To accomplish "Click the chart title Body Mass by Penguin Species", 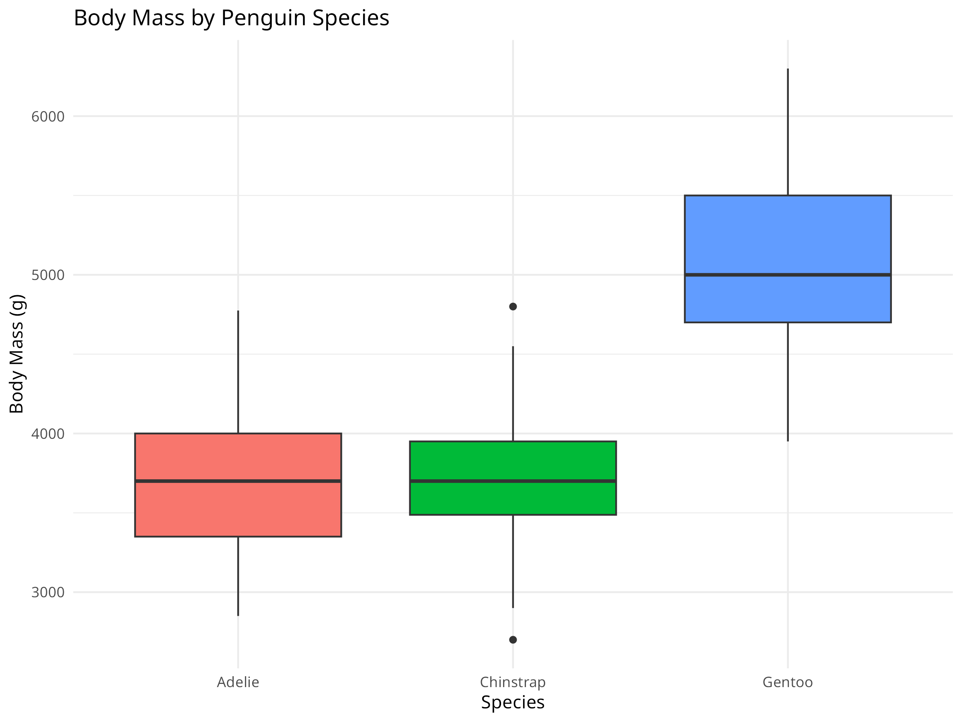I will (231, 18).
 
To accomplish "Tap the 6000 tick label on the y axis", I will (48, 117).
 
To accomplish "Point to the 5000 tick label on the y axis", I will (48, 275).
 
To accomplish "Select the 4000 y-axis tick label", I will (48, 434).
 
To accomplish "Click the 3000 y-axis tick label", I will (48, 592).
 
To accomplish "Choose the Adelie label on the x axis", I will (238, 682).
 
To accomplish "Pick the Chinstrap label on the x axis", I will (513, 682).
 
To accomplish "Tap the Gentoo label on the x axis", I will (788, 682).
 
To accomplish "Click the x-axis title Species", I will (513, 702).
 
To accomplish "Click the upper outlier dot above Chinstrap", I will (513, 307).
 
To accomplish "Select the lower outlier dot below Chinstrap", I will (513, 640).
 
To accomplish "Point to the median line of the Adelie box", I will (238, 481).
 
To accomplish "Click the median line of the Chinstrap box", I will (513, 481).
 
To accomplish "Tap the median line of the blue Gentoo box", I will (788, 275).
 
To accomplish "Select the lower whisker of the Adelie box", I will (238, 576).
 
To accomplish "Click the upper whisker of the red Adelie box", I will (238, 372).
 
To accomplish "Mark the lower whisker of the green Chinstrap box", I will (513, 562).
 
